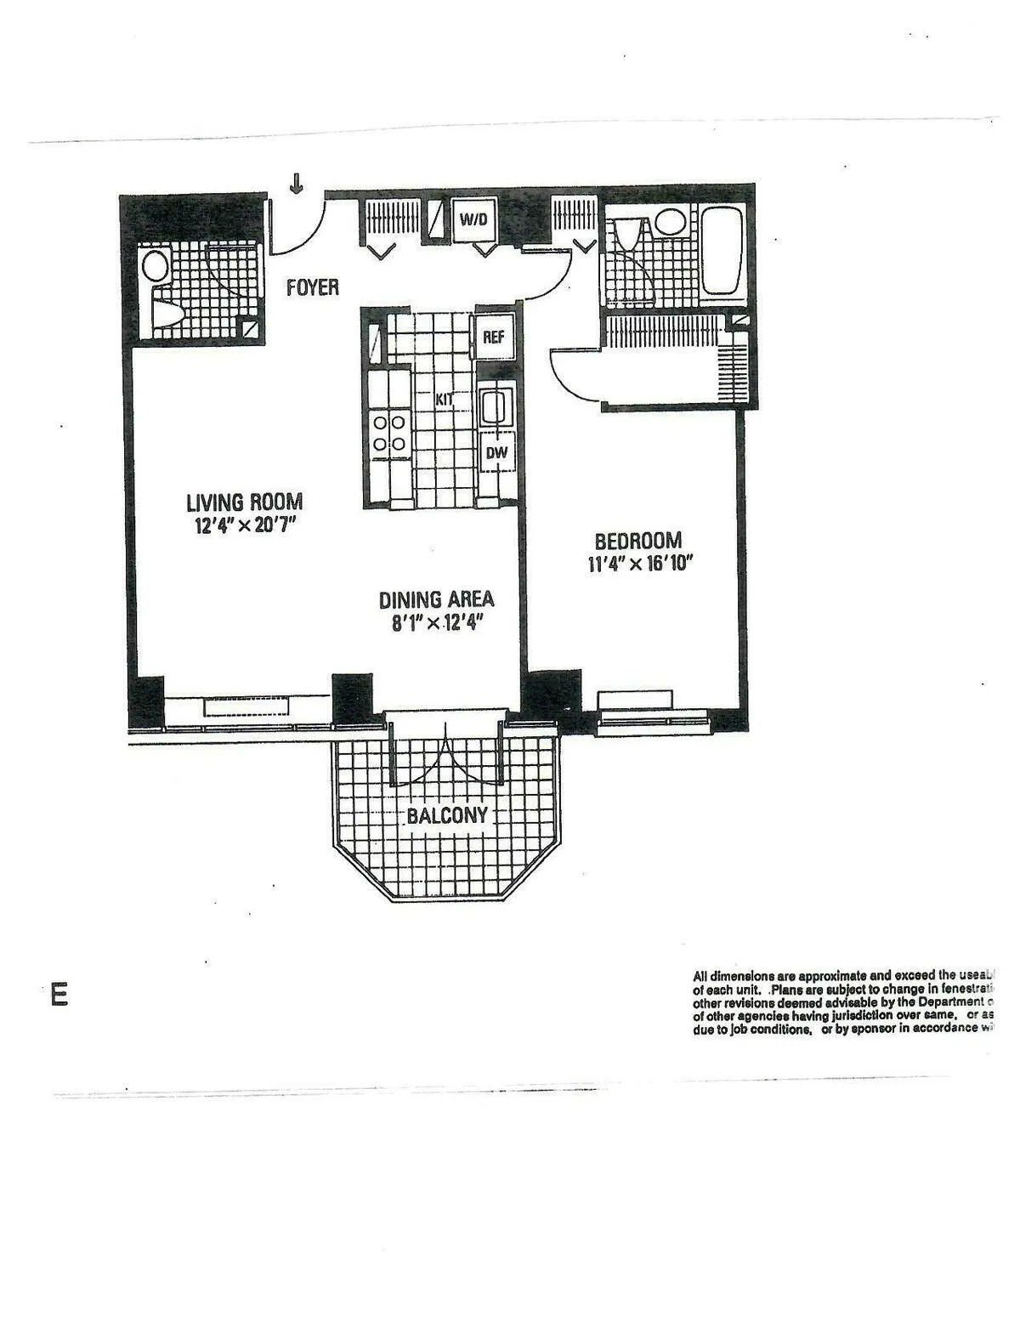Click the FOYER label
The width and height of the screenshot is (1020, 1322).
(312, 287)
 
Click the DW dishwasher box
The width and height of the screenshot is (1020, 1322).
(496, 453)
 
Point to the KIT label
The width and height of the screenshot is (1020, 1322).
(445, 398)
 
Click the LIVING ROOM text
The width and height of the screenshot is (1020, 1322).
(244, 502)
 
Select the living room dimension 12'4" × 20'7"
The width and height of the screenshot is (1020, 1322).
(245, 525)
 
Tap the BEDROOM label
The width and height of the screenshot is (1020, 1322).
(637, 541)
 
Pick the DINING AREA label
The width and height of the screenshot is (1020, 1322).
(436, 599)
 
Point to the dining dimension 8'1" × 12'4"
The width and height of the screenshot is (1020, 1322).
(437, 623)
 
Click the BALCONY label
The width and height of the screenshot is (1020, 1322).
(447, 816)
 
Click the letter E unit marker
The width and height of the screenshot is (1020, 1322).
(59, 995)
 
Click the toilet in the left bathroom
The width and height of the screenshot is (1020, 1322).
(165, 314)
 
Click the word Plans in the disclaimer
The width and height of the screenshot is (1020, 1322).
(788, 990)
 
